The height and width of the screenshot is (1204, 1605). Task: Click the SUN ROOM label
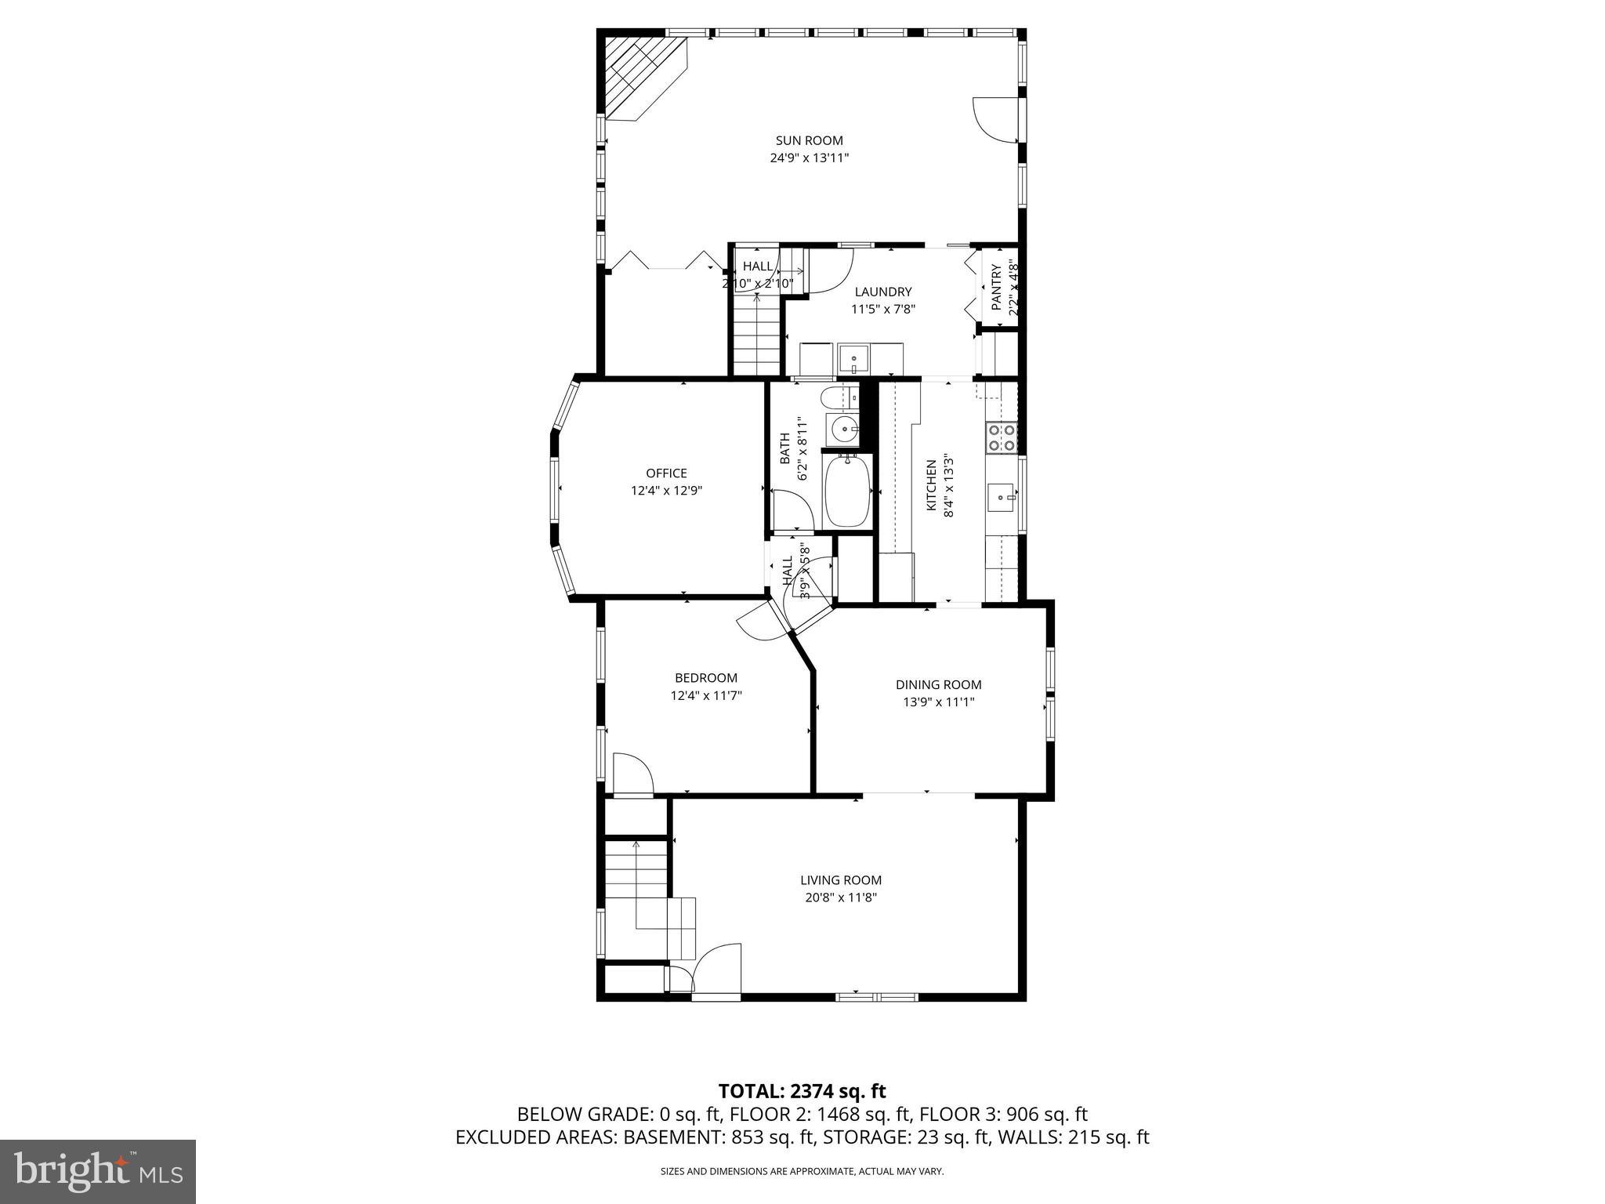click(809, 141)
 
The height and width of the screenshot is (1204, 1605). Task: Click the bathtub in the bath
click(847, 491)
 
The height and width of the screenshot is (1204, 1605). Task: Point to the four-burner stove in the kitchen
click(1001, 437)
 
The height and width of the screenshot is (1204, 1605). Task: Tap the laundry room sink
click(853, 360)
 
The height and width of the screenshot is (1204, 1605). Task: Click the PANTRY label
click(996, 287)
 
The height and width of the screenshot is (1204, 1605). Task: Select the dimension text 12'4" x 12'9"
click(666, 491)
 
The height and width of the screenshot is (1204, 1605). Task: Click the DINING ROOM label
click(938, 685)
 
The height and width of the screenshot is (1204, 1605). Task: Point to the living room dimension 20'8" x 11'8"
click(840, 898)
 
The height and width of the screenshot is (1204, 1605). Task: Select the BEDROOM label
click(705, 678)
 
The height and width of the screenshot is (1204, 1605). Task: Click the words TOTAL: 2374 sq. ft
click(802, 1091)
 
